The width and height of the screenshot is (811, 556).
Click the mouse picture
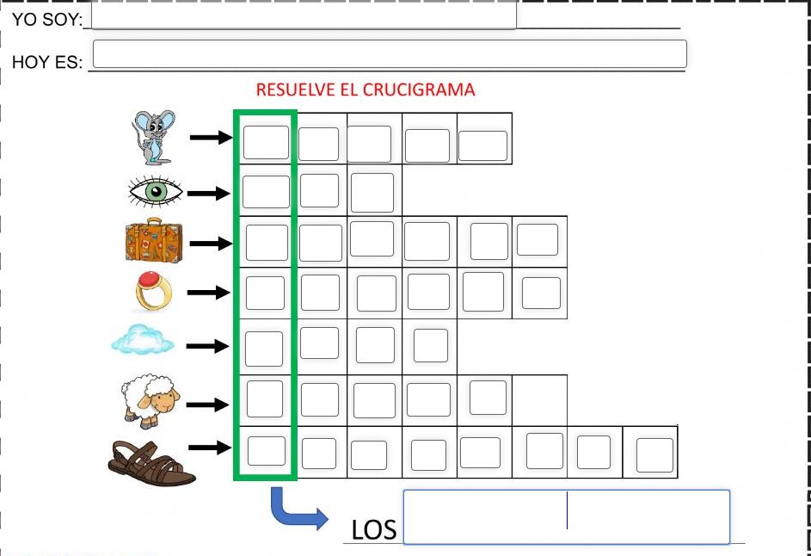pos(153,136)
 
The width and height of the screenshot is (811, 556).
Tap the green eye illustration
pos(155,192)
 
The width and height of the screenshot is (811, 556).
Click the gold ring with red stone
pos(154,293)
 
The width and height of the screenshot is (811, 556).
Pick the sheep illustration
pos(151,399)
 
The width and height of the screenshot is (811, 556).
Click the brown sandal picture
pos(152,463)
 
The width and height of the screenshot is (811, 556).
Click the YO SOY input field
pos(303,15)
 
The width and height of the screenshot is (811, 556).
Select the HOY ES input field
pos(389,53)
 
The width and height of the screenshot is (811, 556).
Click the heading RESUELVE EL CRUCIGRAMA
pos(366,90)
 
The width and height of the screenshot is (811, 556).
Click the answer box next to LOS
pos(566,516)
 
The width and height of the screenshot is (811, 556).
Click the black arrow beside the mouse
pos(212,137)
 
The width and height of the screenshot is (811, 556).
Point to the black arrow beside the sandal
pos(211,447)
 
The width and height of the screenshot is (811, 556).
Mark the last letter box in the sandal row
pos(654,454)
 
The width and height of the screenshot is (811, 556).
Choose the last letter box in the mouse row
pos(482,145)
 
